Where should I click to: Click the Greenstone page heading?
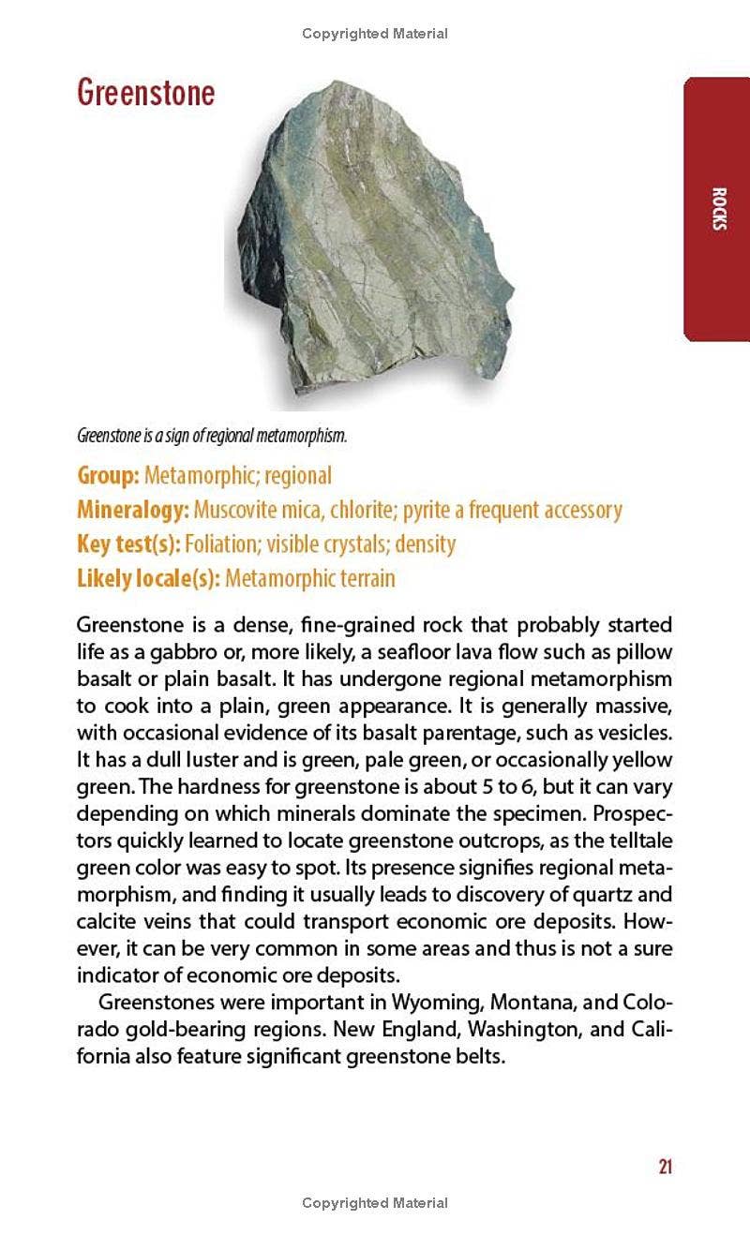[145, 93]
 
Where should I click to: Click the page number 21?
[665, 1167]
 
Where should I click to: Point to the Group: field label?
[108, 475]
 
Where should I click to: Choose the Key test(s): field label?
[128, 543]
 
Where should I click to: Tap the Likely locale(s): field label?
[148, 578]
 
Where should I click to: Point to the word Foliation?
[220, 543]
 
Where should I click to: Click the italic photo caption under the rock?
[212, 436]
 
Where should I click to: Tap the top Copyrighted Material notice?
[375, 34]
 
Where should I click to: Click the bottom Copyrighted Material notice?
[375, 1203]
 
